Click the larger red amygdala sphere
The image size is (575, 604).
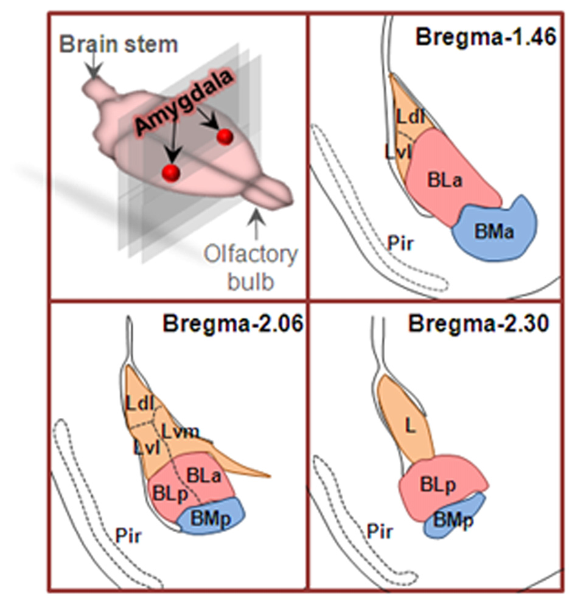coord(172,173)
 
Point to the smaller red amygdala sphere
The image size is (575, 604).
coord(225,137)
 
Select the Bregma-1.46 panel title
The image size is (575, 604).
coord(486,37)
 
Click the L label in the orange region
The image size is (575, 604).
coord(411,427)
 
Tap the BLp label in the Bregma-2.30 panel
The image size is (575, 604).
coord(436,485)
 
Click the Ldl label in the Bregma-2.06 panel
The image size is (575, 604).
coord(139,403)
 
